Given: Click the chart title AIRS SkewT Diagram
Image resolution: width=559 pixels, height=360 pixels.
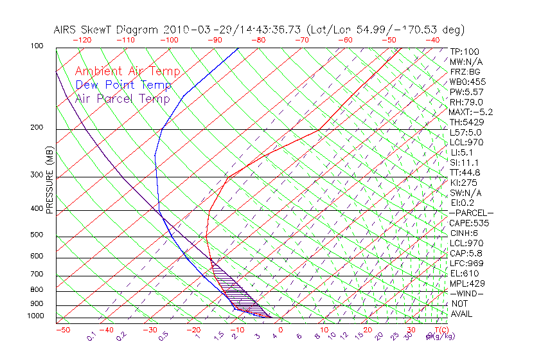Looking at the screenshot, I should (x=107, y=30).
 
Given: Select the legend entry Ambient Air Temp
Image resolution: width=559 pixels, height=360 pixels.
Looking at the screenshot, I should (x=127, y=71).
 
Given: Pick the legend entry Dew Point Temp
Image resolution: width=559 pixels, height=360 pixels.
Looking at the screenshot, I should (x=123, y=85).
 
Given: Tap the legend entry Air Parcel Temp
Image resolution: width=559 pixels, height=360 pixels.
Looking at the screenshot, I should (x=123, y=98).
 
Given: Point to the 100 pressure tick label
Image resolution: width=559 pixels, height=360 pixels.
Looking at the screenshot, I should (x=37, y=46).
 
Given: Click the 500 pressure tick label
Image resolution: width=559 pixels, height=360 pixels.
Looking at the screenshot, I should (x=37, y=235).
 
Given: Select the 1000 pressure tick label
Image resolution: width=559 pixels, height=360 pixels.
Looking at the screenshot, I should (x=35, y=316).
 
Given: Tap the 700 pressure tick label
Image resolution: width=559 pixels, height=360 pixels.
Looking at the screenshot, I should (x=37, y=275).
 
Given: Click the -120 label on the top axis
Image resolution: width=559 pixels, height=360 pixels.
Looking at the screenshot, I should (x=82, y=40).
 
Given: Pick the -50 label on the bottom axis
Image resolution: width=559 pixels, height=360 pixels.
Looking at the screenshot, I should (x=62, y=330).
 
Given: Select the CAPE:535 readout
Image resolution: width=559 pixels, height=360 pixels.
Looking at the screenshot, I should (x=469, y=223).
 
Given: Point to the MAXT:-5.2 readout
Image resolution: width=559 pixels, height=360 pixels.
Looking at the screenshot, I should (x=470, y=112).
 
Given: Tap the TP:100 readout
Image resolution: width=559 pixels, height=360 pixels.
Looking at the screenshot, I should (x=464, y=51).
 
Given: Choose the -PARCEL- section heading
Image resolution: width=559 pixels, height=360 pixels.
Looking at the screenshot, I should (x=471, y=213).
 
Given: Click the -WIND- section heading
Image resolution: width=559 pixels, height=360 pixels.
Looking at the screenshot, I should (x=466, y=293).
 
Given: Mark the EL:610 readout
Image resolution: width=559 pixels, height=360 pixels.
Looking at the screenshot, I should (x=463, y=273).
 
